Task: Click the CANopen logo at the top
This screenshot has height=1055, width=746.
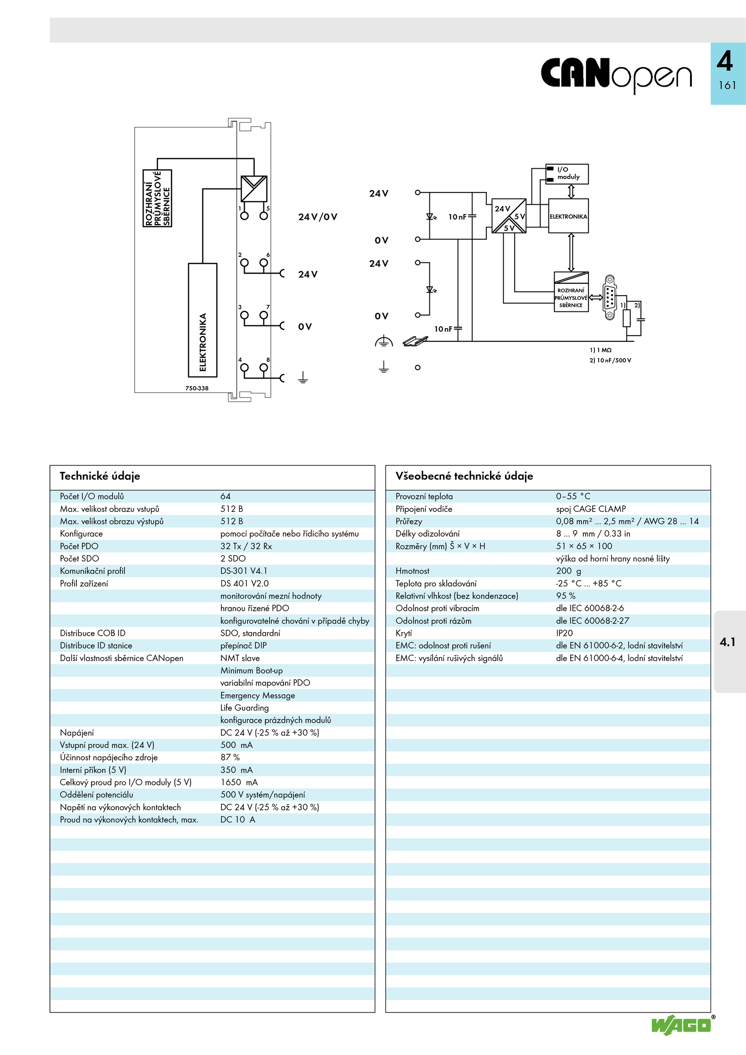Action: coord(616,75)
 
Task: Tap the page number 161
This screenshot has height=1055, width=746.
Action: coord(727,85)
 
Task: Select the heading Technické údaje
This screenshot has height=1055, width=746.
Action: coord(100,476)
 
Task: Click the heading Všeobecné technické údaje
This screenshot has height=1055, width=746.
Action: coord(464,476)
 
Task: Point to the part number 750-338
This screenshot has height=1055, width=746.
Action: coord(197,388)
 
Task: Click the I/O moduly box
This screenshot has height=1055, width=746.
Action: coord(567,174)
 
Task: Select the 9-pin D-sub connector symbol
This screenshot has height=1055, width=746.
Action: coord(609,297)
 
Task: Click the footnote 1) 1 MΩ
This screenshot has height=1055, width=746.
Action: coord(601,350)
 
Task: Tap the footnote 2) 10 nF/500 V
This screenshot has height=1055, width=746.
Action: coord(610,360)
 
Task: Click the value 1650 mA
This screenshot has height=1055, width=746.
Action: coord(239,782)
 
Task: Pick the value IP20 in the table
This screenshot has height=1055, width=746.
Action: coord(564,633)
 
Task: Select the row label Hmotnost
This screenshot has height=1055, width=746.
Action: coord(412,571)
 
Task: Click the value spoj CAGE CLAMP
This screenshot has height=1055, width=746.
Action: coord(591,509)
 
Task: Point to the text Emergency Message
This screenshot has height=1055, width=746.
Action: coord(258,696)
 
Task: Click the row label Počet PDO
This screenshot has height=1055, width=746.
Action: coord(79,546)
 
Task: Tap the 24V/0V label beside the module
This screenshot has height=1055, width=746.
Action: coord(318,217)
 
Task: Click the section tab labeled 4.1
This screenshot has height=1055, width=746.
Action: coord(727,642)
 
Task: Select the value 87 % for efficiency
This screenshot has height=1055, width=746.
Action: coord(230,758)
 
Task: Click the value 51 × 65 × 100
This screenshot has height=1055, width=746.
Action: coord(584,546)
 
